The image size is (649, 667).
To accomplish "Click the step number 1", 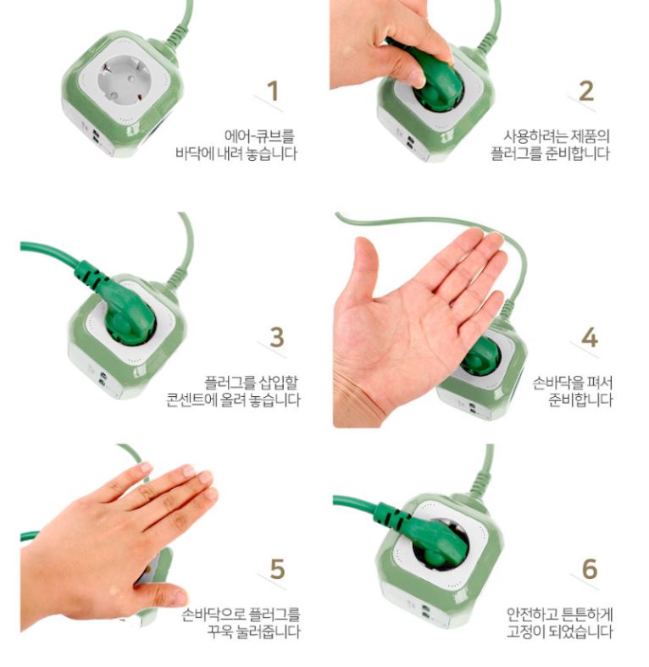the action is [273, 91].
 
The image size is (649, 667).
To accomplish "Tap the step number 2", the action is [586, 91].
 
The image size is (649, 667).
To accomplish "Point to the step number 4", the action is [590, 338].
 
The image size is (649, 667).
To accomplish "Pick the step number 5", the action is [277, 568].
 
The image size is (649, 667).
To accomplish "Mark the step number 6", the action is [590, 568].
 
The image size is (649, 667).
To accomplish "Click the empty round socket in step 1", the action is [124, 80].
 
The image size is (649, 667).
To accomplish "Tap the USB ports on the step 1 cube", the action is [97, 136].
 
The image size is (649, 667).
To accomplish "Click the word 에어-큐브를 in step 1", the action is [259, 136].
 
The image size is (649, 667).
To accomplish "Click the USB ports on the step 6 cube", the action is [425, 610].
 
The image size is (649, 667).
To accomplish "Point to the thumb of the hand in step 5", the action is [162, 596].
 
